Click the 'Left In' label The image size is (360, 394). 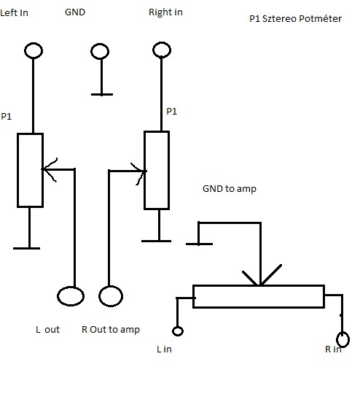[14, 12]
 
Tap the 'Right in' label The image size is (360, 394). [165, 12]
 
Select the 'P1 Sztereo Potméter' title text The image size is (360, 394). [295, 18]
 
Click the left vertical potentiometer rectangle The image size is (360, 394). [17, 170]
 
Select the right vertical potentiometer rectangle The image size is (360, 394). [144, 170]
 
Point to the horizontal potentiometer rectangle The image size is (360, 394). [259, 286]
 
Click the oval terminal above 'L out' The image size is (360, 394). [71, 287]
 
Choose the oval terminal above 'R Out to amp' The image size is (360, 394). [111, 287]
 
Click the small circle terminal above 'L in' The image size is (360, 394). [178, 327]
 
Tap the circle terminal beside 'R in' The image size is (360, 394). [343, 333]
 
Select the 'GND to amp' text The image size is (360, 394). [230, 189]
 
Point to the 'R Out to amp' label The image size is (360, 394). [111, 329]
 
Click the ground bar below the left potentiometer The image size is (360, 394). [27, 248]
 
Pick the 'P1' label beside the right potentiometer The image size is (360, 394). [172, 111]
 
